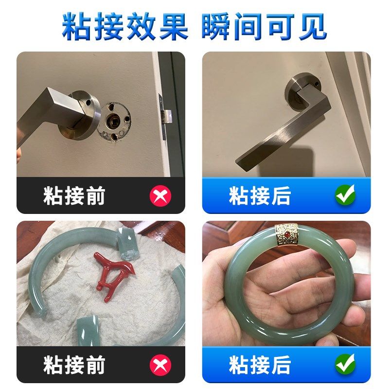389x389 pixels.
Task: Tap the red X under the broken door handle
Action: click(160, 196)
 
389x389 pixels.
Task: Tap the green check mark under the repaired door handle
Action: click(345, 195)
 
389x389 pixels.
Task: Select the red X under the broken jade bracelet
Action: click(160, 365)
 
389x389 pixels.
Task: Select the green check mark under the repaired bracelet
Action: click(345, 364)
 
